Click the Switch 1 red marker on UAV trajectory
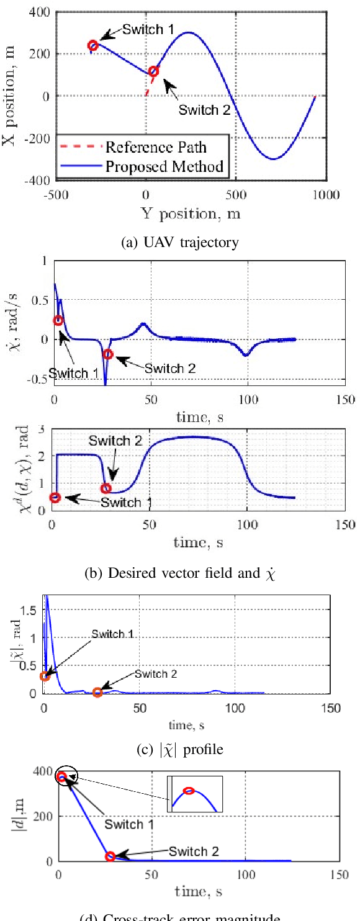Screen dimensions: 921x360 click(x=93, y=45)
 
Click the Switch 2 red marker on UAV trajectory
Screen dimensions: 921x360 click(x=154, y=71)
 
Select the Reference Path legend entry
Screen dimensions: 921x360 click(x=155, y=147)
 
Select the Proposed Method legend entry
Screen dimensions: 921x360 click(x=164, y=166)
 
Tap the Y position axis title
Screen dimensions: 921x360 click(x=191, y=214)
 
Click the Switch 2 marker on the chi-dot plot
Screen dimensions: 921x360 click(x=108, y=354)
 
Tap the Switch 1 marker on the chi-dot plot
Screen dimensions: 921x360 click(x=58, y=321)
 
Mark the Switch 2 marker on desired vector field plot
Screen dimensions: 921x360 click(x=106, y=488)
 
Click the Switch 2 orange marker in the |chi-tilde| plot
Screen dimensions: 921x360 click(x=97, y=692)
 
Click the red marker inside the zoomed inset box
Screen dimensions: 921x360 click(x=189, y=791)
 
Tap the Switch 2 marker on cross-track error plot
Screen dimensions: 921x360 click(x=110, y=856)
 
